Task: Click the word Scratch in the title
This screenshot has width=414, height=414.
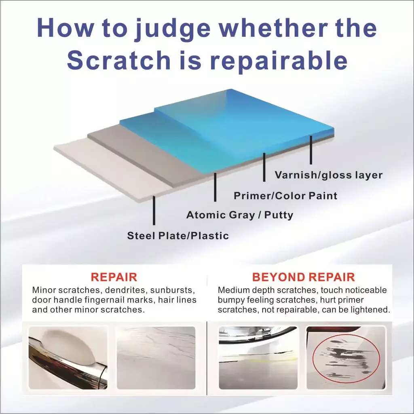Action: pyautogui.click(x=119, y=60)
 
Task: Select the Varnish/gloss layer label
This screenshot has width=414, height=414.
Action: pyautogui.click(x=328, y=175)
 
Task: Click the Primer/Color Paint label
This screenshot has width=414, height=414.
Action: pyautogui.click(x=285, y=196)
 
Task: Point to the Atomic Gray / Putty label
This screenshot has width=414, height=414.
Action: pyautogui.click(x=240, y=215)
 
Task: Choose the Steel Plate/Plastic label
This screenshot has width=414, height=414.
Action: pyautogui.click(x=178, y=236)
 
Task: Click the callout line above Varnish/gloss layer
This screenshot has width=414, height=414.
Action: pyautogui.click(x=311, y=150)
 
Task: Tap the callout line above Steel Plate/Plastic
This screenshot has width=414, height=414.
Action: pyautogui.click(x=154, y=210)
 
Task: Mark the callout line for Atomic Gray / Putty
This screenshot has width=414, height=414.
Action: pyautogui.click(x=215, y=187)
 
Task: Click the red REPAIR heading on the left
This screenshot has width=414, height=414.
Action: pyautogui.click(x=114, y=277)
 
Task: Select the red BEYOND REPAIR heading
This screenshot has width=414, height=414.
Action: pyautogui.click(x=303, y=277)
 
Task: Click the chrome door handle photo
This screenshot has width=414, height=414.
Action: pyautogui.click(x=68, y=358)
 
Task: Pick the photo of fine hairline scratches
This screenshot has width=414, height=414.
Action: pyautogui.click(x=156, y=358)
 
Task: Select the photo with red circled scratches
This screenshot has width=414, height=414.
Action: pyautogui.click(x=346, y=358)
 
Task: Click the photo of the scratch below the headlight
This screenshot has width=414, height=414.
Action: pyautogui.click(x=258, y=358)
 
